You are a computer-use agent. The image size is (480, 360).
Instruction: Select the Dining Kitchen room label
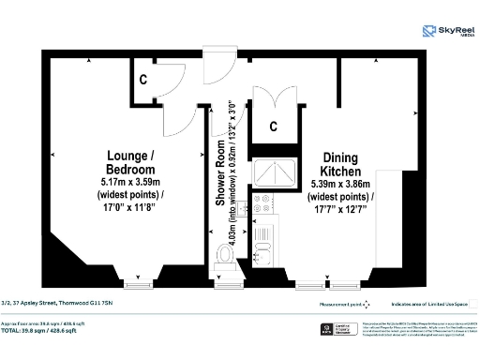click(341, 166)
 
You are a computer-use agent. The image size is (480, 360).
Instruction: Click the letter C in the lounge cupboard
click(142, 82)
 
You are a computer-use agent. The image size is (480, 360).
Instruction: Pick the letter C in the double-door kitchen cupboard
click(274, 126)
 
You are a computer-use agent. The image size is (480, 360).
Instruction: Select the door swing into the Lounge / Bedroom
click(174, 117)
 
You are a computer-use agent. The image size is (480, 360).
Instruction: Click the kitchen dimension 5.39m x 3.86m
click(341, 186)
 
